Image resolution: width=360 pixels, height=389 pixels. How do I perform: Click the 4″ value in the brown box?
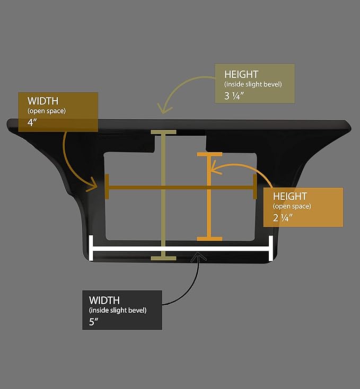[x=32, y=122]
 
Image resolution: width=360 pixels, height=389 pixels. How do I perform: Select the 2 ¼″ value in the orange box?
[x=283, y=218]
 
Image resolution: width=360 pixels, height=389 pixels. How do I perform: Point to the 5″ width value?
[x=93, y=322]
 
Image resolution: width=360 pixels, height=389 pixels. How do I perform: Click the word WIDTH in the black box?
[x=104, y=300]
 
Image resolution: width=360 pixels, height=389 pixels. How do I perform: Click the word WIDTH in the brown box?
[x=43, y=101]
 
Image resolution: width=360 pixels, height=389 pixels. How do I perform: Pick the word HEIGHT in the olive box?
[x=241, y=74]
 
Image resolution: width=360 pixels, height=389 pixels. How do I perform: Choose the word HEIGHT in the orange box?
[x=290, y=196]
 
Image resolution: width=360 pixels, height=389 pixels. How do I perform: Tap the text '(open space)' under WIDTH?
[x=47, y=111]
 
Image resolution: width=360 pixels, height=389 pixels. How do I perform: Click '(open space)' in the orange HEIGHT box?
[x=292, y=206]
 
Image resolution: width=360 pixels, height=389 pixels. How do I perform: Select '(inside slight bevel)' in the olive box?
[x=253, y=84]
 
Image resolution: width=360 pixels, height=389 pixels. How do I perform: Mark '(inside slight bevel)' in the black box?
[x=118, y=310]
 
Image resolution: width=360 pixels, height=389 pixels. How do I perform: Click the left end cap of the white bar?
[x=91, y=248]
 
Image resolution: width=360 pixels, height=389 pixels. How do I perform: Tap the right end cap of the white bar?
[x=271, y=249]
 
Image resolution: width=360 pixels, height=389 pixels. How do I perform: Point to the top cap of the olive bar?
[x=163, y=132]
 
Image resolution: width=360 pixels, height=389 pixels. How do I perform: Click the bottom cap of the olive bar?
[x=163, y=258]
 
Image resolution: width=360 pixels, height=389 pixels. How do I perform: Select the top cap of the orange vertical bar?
[x=209, y=154]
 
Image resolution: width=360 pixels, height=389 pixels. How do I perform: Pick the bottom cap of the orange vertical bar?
[x=209, y=239]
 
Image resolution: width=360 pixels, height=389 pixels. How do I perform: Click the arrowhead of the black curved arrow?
[x=198, y=255]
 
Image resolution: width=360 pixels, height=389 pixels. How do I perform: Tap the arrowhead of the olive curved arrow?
[x=164, y=110]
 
